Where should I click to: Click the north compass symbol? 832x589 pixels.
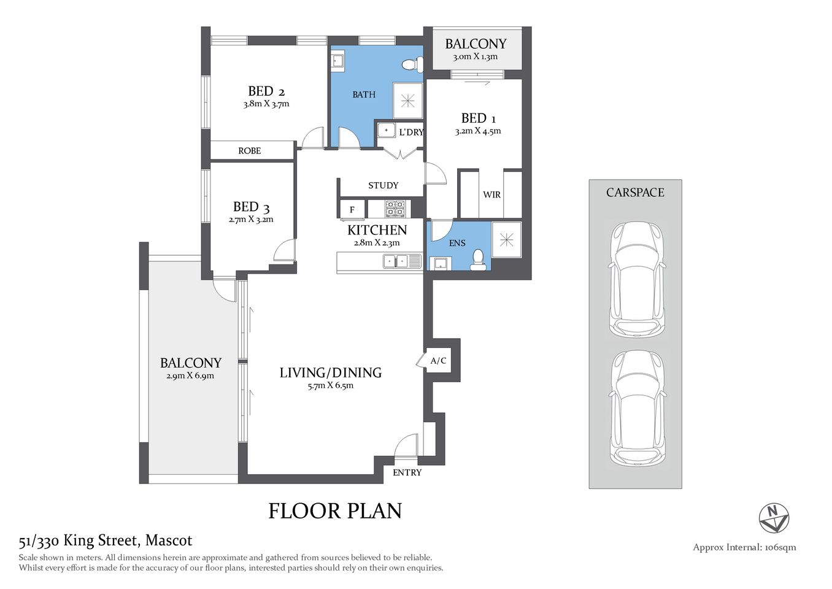point(774,518)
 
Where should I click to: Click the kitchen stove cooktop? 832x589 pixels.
point(395,209)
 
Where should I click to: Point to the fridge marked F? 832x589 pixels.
point(352,209)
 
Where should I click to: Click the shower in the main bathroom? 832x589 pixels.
point(408,101)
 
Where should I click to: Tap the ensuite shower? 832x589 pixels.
point(506,240)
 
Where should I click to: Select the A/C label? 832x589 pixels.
point(438,361)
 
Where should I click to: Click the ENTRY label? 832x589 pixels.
point(407,472)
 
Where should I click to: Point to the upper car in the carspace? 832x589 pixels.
point(636,279)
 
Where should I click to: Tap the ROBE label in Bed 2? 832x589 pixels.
point(250,151)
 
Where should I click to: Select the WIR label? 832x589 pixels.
point(491,194)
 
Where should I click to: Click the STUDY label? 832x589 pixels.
point(383,185)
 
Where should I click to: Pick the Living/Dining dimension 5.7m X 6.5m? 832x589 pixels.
point(331,386)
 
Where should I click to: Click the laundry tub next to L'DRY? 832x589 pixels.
point(386,130)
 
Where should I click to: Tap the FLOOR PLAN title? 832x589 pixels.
point(335,511)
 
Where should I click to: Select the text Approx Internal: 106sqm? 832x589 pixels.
point(744,547)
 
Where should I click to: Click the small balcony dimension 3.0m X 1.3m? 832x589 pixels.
point(476,57)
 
